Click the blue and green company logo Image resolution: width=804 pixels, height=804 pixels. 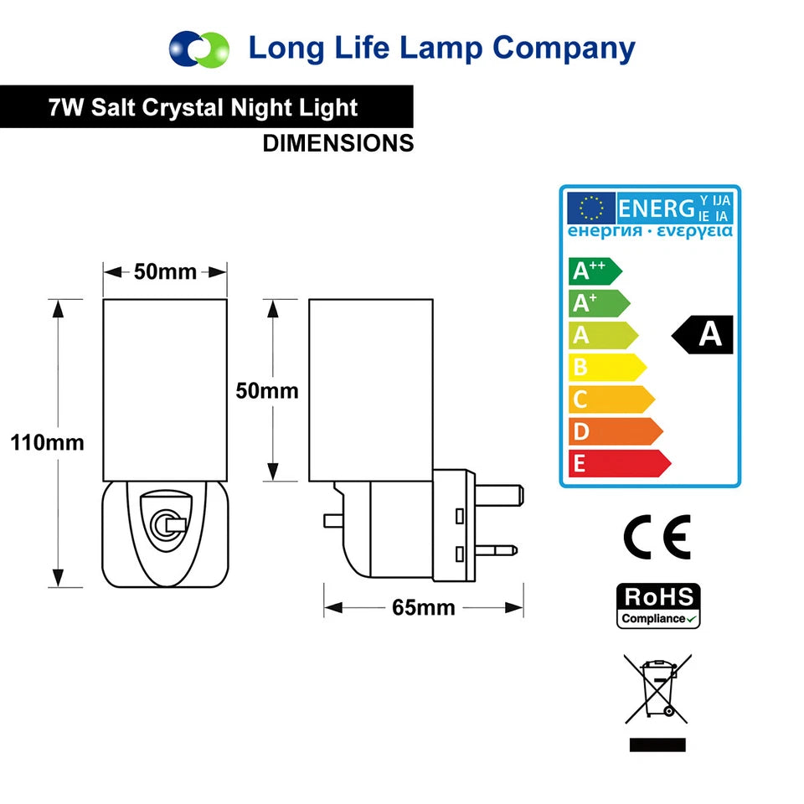click(x=199, y=49)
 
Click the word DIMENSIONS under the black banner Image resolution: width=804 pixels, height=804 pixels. click(x=338, y=143)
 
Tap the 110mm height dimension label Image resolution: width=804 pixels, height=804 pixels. click(x=47, y=442)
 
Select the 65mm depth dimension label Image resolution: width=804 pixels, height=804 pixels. click(x=424, y=608)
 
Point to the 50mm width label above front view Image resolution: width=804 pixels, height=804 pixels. click(x=165, y=271)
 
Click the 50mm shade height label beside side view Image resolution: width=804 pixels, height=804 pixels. click(x=267, y=391)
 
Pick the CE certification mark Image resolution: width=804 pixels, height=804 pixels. click(x=657, y=536)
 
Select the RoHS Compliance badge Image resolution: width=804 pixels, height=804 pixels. click(x=658, y=606)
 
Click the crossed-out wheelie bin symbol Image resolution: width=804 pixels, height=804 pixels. click(x=657, y=688)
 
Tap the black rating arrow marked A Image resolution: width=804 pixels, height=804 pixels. click(x=702, y=335)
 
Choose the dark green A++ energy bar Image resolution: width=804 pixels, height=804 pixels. click(x=595, y=271)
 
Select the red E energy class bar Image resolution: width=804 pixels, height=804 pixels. click(x=620, y=463)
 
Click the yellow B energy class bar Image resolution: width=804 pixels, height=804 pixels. click(x=607, y=367)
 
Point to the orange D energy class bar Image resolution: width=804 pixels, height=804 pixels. click(x=616, y=431)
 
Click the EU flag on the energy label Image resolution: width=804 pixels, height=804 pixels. click(x=591, y=209)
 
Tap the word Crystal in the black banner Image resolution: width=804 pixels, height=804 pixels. click(x=183, y=108)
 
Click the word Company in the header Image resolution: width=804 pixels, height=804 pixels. click(x=564, y=49)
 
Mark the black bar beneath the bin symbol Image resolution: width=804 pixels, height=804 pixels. click(x=657, y=745)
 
